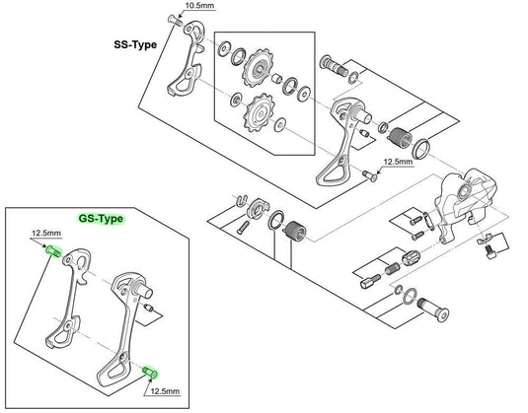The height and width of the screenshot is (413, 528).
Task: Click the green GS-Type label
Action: [x=102, y=219]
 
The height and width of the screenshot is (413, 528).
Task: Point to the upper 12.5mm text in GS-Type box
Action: [x=45, y=234]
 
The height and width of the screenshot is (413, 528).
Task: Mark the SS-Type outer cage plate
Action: [x=184, y=64]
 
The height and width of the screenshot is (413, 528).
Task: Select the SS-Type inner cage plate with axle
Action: [x=333, y=148]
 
